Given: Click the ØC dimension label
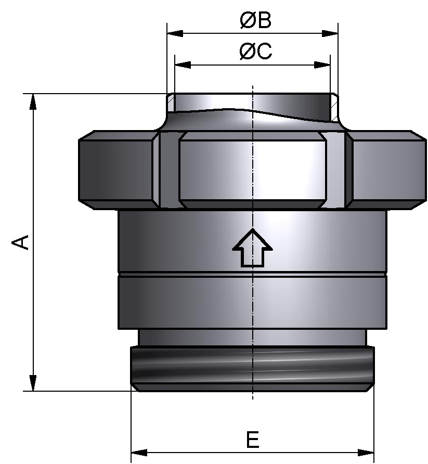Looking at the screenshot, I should [x=255, y=52].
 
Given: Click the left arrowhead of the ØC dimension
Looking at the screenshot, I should [x=183, y=65].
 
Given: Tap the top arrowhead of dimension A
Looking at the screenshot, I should [x=33, y=101].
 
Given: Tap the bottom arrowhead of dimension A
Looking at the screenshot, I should [x=33, y=383].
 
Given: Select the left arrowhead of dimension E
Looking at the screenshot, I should [x=139, y=451].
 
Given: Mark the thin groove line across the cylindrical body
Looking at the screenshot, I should [x=252, y=274].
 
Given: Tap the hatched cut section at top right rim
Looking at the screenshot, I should [x=334, y=107].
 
